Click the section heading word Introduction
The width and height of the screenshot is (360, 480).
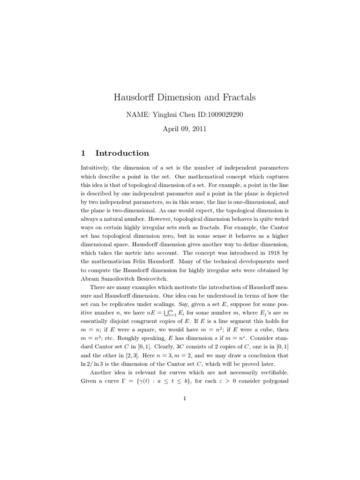[x=122, y=153]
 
